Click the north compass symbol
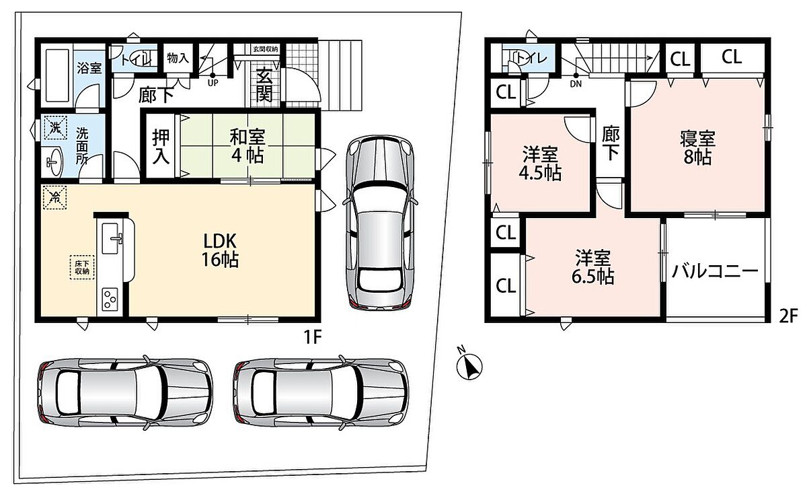click(469, 366)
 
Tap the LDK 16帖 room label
click(220, 250)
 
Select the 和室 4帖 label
click(247, 145)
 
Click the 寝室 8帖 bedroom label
click(698, 148)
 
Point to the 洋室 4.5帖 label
click(540, 164)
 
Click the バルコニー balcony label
click(715, 271)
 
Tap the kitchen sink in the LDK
click(111, 238)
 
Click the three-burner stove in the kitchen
click(110, 299)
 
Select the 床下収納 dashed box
click(82, 267)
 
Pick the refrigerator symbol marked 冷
click(54, 197)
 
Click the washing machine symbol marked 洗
click(55, 127)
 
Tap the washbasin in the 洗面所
click(54, 162)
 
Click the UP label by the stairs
click(213, 83)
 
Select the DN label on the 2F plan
click(576, 84)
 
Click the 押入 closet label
click(161, 146)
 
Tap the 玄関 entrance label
click(264, 85)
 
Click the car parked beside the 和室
click(380, 222)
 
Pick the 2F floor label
click(788, 316)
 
